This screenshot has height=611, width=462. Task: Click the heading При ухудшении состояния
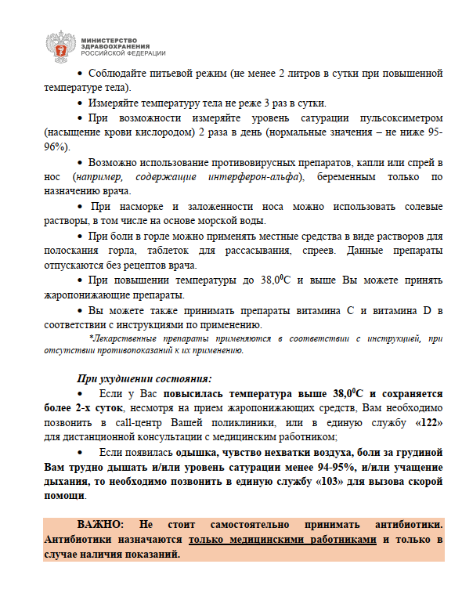pos(135,378)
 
